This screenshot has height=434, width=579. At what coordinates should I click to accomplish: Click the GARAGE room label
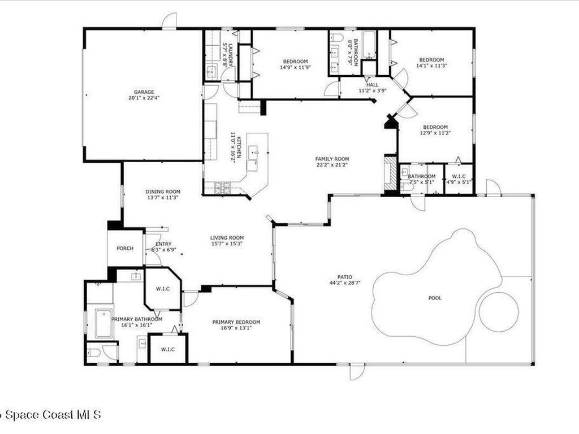click(x=144, y=92)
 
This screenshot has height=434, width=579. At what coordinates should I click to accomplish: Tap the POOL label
click(x=435, y=298)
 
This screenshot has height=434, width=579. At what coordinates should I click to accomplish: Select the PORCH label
click(x=125, y=248)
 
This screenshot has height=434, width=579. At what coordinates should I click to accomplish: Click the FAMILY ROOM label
click(x=332, y=159)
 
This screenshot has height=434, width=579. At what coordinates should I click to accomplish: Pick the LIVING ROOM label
click(x=227, y=238)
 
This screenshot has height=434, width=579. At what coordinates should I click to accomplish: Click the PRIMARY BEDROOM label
click(x=236, y=322)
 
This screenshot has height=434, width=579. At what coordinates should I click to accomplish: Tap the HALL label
click(x=372, y=85)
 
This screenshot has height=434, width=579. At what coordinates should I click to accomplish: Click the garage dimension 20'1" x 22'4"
click(x=144, y=98)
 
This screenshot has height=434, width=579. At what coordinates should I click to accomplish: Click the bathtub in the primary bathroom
click(x=103, y=323)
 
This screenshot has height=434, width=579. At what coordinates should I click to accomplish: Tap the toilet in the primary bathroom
click(x=94, y=353)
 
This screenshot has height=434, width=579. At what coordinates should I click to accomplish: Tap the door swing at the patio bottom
click(x=357, y=372)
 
